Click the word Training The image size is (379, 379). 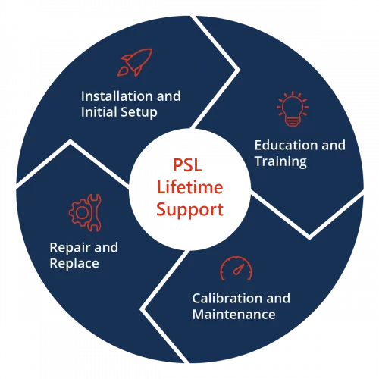[280, 161]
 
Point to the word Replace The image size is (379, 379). [74, 264]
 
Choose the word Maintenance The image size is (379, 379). [233, 314]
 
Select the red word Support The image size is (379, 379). [189, 209]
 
